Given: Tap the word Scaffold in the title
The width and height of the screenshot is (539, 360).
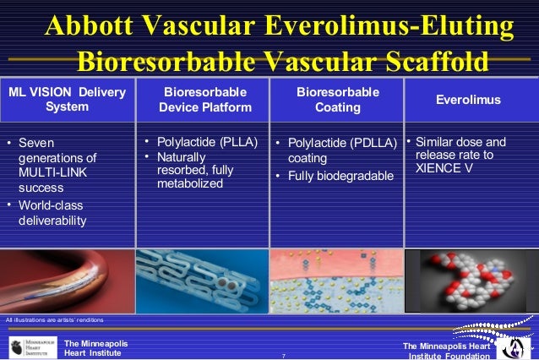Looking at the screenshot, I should [433, 63].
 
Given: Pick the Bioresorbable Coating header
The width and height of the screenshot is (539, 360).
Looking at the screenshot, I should [337, 99].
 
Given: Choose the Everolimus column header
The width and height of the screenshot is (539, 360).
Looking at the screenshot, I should [468, 100].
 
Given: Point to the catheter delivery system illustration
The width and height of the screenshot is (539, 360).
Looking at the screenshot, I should [68, 280].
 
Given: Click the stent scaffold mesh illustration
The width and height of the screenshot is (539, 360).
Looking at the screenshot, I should [203, 280].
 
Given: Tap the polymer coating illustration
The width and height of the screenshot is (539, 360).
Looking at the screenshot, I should [336, 280].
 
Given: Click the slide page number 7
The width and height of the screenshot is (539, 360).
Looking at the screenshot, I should [283, 355].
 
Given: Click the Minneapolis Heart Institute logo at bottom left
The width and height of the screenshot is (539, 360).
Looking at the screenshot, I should [32, 347].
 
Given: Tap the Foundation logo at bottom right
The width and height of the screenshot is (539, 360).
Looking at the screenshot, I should [510, 346].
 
